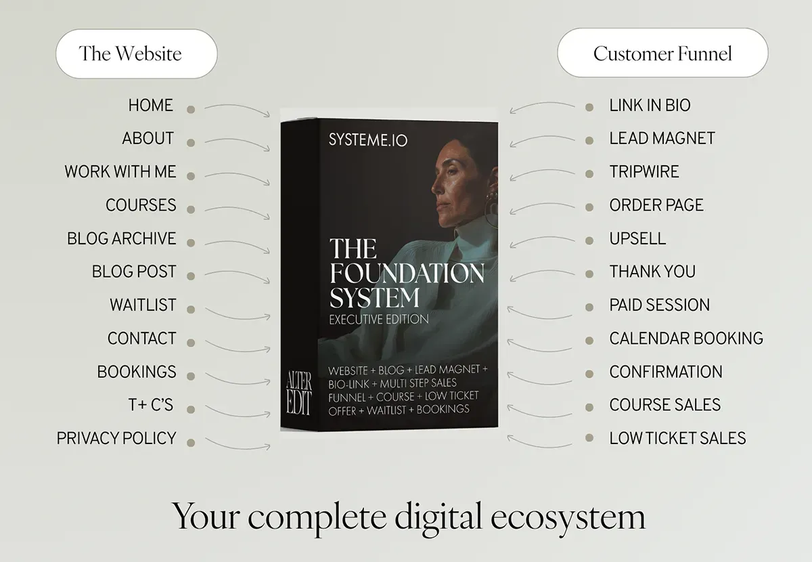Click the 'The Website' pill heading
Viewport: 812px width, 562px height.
(137, 53)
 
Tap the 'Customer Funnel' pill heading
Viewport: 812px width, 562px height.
(662, 53)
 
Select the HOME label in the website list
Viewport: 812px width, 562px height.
(151, 105)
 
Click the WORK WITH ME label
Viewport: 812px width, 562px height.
(120, 171)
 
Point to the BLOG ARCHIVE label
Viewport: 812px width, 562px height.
(121, 238)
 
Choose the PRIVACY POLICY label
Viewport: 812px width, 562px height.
(116, 438)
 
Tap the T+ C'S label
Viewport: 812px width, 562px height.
(151, 405)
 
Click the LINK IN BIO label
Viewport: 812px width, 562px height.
(650, 105)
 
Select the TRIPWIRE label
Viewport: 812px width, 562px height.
(644, 171)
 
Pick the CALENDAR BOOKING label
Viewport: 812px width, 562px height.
(686, 338)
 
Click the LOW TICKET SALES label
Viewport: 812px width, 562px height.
(677, 438)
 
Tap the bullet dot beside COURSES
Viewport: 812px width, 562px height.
(191, 209)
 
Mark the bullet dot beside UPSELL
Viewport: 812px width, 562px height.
(589, 240)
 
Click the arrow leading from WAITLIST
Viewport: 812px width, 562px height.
(238, 318)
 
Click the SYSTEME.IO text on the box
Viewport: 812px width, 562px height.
(368, 140)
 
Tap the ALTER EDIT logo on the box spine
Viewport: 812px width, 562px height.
(298, 393)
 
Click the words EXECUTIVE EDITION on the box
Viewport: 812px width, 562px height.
(379, 320)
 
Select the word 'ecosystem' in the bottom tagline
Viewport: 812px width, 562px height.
(568, 517)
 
